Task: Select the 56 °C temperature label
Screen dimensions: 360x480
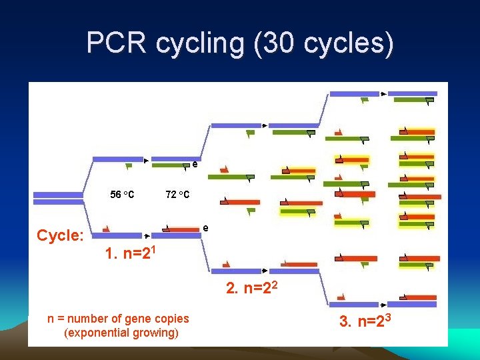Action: [x=122, y=195]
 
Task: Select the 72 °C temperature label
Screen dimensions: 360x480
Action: [x=177, y=195]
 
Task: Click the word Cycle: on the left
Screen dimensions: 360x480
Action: [x=60, y=235]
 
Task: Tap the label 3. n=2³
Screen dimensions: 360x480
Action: [x=369, y=321]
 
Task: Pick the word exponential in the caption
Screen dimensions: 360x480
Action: [x=95, y=333]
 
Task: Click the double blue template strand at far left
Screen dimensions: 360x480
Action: [x=58, y=197]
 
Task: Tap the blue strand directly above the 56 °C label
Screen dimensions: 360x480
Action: [x=118, y=159]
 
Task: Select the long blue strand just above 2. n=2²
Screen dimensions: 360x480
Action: [x=236, y=271]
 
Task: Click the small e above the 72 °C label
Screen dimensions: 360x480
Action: [x=195, y=163]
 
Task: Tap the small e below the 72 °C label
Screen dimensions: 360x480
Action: [x=205, y=228]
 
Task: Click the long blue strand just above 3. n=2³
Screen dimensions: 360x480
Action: [x=359, y=304]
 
